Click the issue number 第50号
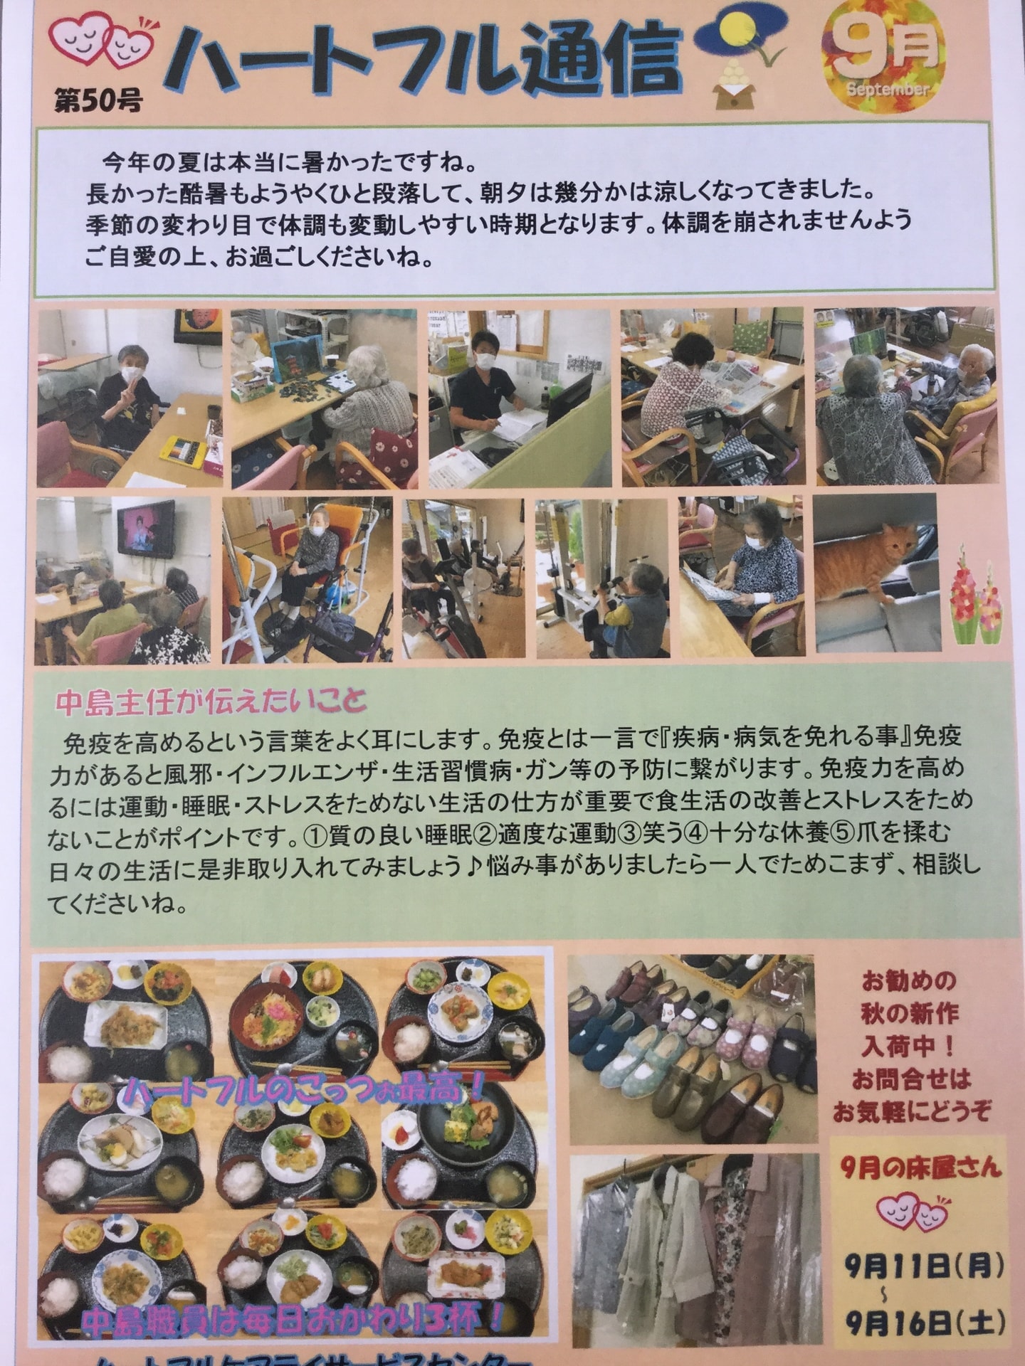click(98, 101)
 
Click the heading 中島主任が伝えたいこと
click(211, 703)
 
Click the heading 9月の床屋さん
click(920, 1167)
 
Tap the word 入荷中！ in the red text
click(908, 1047)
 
